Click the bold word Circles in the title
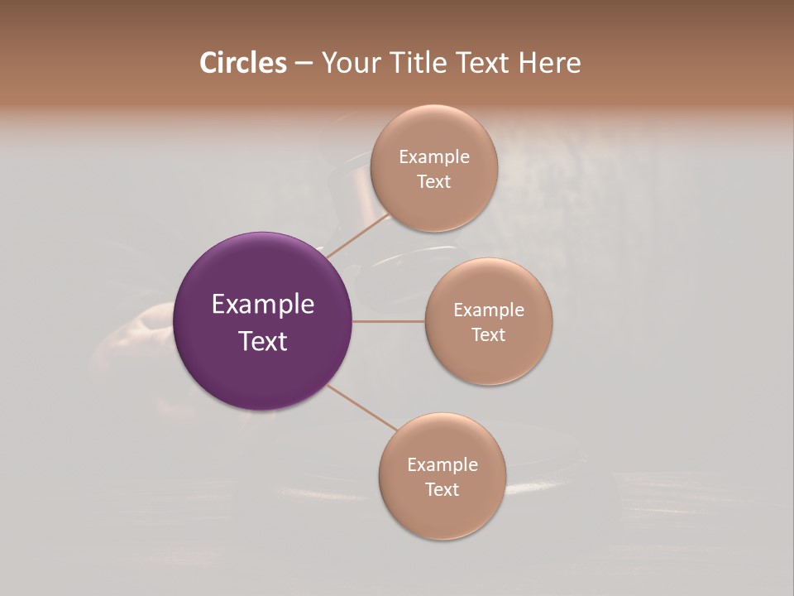tap(243, 63)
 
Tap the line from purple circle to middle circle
tap(388, 321)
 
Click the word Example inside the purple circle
tap(263, 305)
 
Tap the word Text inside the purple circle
tap(263, 341)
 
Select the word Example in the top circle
tap(434, 157)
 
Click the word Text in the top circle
tap(434, 182)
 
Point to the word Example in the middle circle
tap(489, 310)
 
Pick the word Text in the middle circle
tap(489, 335)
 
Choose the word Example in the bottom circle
tap(442, 465)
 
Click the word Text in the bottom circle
tap(442, 490)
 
